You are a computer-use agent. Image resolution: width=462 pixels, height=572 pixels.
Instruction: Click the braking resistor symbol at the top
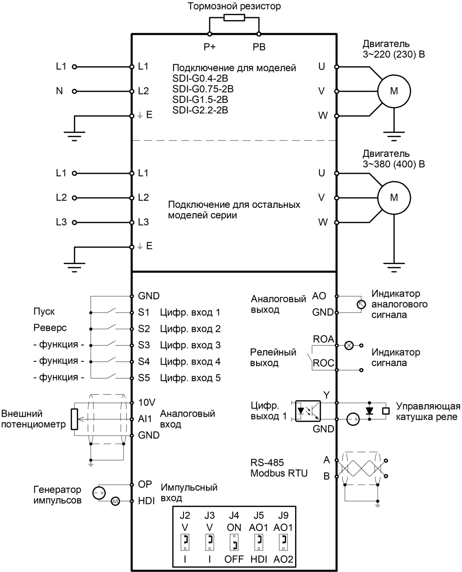(234, 18)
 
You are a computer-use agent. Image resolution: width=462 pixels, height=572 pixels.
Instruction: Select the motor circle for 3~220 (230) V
(394, 92)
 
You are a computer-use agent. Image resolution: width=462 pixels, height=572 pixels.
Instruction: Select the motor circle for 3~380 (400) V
(394, 197)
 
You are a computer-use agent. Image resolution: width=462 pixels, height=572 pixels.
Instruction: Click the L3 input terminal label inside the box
(143, 222)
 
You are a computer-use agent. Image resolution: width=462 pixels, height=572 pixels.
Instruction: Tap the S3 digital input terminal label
(144, 345)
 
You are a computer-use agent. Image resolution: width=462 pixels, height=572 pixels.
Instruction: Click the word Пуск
(44, 312)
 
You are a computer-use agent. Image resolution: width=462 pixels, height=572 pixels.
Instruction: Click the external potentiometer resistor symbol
(74, 419)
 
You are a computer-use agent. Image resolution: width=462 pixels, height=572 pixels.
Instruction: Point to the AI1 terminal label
(144, 419)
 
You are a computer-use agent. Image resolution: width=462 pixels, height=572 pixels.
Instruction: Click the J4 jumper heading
(234, 515)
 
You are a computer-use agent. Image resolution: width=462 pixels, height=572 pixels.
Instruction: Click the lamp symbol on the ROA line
(349, 346)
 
